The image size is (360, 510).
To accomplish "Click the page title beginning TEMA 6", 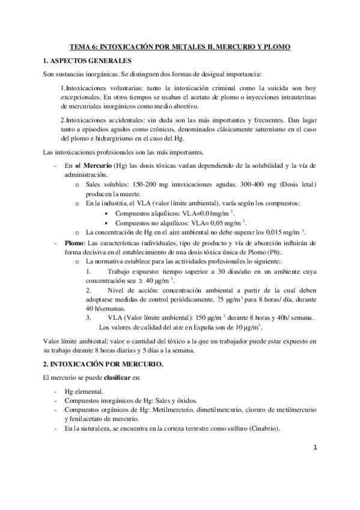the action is (x=180, y=46).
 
